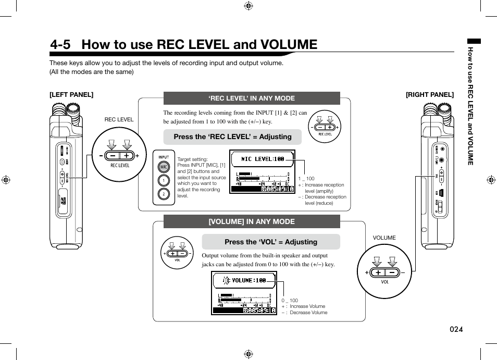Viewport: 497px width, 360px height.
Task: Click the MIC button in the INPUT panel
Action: (x=164, y=167)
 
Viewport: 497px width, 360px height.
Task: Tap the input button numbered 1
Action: (x=164, y=181)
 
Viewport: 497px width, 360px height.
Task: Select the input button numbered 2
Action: (x=164, y=194)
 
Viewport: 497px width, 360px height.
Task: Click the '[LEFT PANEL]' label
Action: (x=71, y=95)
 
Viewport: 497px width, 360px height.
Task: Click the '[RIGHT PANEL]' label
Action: (x=430, y=95)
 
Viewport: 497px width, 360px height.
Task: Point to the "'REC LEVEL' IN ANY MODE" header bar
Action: (x=252, y=98)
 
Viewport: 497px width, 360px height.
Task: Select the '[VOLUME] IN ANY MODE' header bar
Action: (x=252, y=221)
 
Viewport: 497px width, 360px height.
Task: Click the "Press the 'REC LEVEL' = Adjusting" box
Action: (x=232, y=137)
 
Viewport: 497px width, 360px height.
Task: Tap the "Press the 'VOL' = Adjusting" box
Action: (x=271, y=242)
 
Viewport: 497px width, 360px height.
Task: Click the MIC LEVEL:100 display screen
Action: (x=263, y=172)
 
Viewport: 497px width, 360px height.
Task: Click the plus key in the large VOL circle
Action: (x=378, y=272)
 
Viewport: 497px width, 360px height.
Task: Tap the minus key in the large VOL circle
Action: (x=392, y=272)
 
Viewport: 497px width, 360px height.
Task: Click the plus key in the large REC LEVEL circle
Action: (x=127, y=155)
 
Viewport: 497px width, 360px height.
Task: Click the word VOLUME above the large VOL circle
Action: (x=384, y=238)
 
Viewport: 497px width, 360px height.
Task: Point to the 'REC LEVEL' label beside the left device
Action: (x=119, y=120)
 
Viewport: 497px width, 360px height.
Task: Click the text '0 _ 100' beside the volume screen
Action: (x=290, y=301)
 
